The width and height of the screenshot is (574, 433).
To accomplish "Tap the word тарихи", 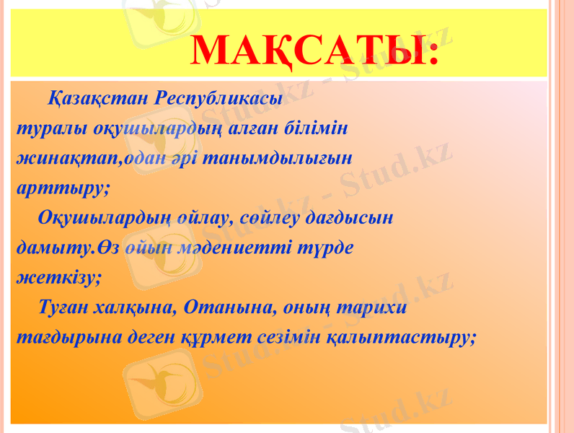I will pyautogui.click(x=372, y=307).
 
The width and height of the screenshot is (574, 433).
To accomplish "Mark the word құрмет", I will pyautogui.click(x=221, y=338).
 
